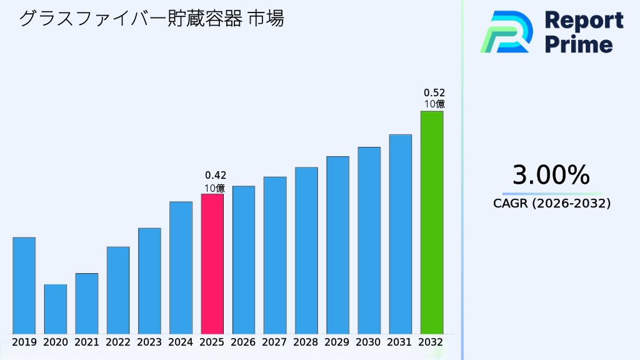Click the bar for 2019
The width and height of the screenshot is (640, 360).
point(24,286)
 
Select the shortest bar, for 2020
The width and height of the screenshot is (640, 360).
point(55,309)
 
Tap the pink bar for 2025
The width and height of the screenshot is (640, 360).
point(212,264)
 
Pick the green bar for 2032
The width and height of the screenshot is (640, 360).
point(431,222)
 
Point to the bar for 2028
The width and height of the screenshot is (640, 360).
point(306,251)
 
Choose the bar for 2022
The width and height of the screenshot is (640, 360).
point(118,290)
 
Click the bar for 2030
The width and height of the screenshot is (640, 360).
point(369,241)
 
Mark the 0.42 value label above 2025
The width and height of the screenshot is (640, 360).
point(216,175)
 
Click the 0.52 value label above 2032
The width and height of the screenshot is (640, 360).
point(434,92)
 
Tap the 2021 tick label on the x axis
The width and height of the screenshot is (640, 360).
point(87,342)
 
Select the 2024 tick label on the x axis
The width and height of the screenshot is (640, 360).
point(181,342)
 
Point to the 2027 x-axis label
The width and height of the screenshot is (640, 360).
point(275,342)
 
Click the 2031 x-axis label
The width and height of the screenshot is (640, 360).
point(400,342)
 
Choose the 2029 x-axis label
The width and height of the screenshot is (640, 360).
point(337,342)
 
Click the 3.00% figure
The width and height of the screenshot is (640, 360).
point(551,175)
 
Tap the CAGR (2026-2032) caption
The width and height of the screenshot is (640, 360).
point(551,203)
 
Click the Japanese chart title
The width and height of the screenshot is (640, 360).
point(151,19)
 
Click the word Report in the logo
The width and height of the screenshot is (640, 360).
point(584,21)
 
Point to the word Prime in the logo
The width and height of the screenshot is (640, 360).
point(579,44)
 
